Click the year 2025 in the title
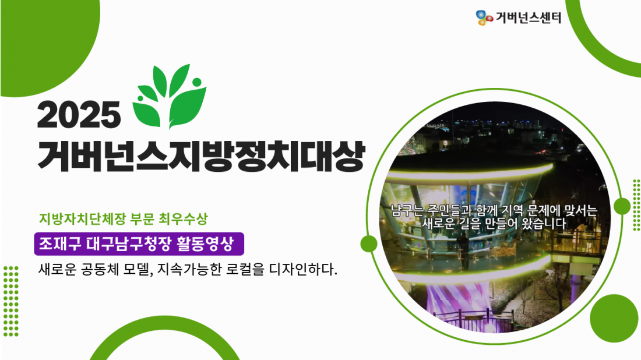pos(79,115)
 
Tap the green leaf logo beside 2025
pos(169,97)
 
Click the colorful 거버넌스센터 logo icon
pos(484,17)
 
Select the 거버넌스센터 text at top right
pos(528,17)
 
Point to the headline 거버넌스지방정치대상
pos(200,156)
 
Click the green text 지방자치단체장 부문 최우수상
pos(124,219)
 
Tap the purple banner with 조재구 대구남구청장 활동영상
pos(139,244)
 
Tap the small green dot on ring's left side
pos(369,243)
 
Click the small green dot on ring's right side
pos(622,206)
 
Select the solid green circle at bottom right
pos(614,318)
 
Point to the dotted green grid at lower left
pos(11,301)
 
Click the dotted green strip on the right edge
pos(636,205)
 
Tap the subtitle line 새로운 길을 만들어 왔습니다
pos(494,224)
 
